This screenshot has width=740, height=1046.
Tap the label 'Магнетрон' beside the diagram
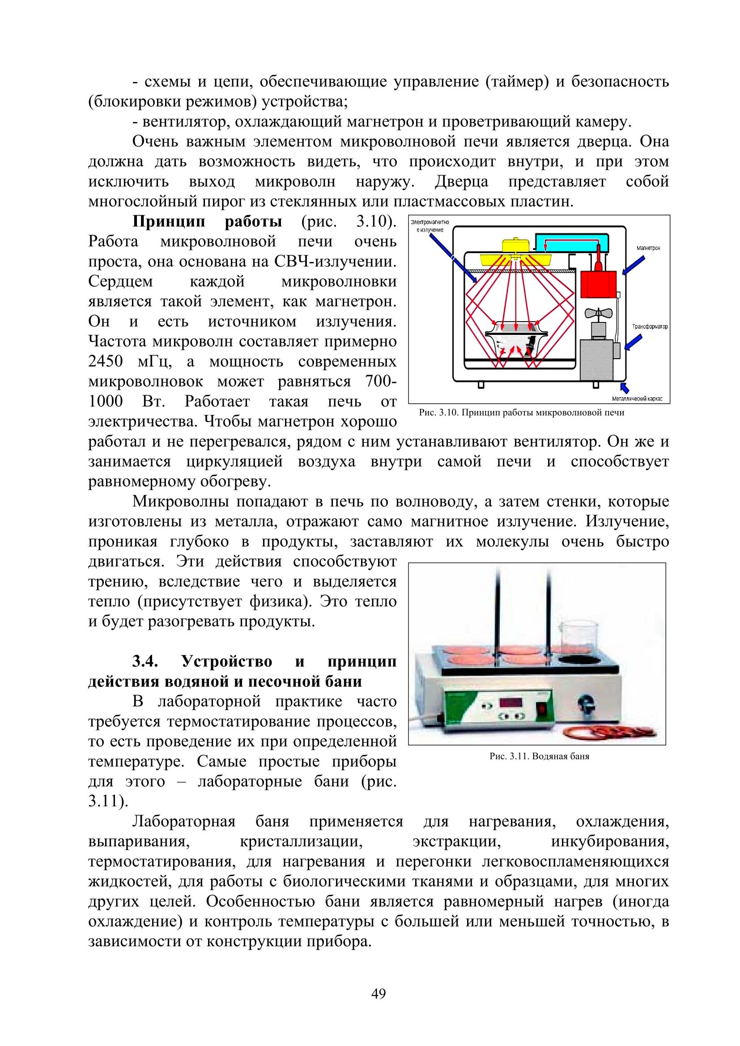pos(647,248)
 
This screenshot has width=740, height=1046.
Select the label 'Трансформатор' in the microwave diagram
pos(649,326)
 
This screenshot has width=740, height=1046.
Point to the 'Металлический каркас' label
pos(637,399)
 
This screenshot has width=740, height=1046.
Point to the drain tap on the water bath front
pos(585,704)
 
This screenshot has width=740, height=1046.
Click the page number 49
pos(379,994)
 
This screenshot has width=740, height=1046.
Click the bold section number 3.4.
pos(145,661)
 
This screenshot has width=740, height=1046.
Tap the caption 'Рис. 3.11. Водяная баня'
pos(539,756)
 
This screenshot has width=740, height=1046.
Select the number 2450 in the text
pos(105,361)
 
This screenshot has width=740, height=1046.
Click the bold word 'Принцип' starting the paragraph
pos(169,222)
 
